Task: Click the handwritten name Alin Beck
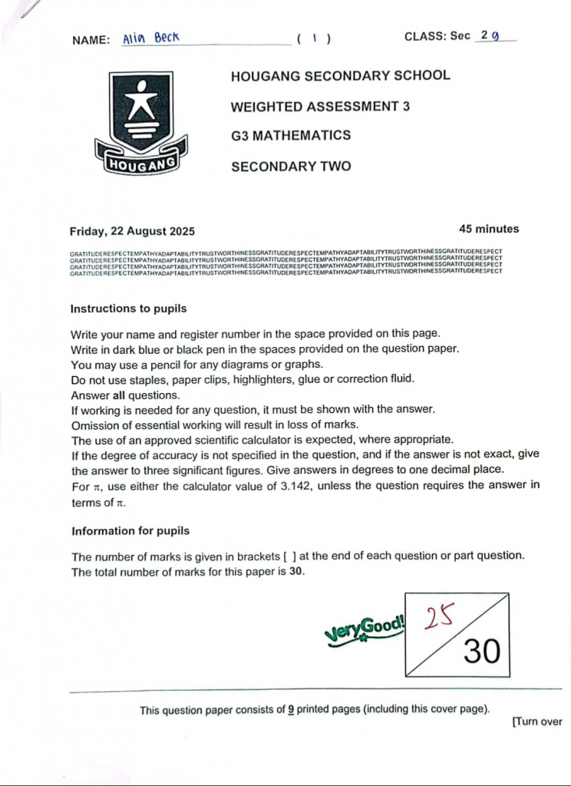150,38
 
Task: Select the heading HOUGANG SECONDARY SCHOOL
340,76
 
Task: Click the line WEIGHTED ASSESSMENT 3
320,106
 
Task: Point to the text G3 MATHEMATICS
291,136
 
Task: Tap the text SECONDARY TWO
291,166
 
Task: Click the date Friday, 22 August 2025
132,231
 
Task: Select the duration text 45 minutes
488,229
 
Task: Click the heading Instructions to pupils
128,309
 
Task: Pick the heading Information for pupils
130,531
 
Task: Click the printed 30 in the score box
482,652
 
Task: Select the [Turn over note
536,722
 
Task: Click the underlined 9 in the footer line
291,710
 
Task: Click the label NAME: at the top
91,40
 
